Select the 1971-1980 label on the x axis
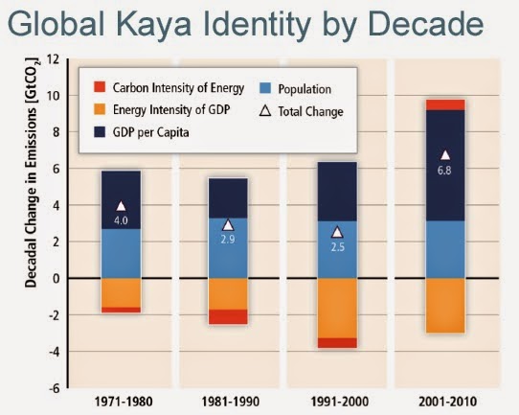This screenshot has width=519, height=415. click(x=121, y=400)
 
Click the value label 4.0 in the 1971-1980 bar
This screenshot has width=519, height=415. click(x=122, y=221)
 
